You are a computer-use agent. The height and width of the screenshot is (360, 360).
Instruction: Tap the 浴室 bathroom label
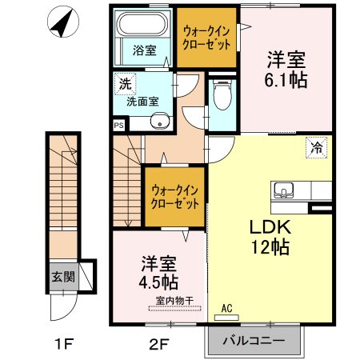click(x=144, y=50)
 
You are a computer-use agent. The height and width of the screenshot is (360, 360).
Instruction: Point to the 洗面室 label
click(x=142, y=102)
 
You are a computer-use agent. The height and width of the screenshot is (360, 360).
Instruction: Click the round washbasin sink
click(x=160, y=122)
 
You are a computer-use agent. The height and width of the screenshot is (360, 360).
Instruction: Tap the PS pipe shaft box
click(x=118, y=126)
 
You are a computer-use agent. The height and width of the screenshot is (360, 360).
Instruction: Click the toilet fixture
click(x=222, y=100)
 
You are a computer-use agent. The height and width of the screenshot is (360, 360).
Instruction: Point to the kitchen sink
click(x=285, y=190)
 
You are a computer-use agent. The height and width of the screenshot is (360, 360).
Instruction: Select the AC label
click(x=226, y=307)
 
